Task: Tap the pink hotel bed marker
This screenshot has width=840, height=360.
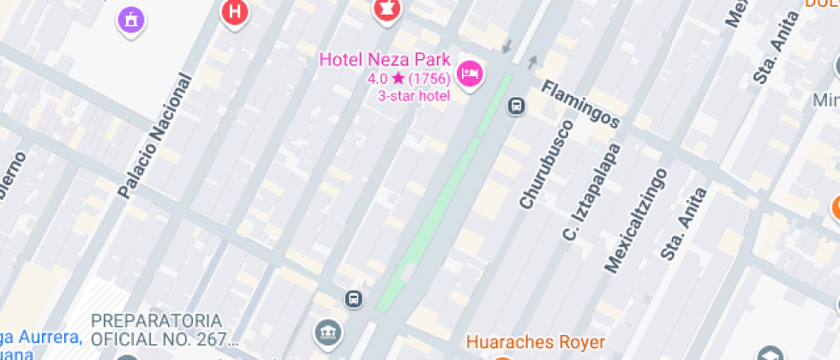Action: click(470, 74)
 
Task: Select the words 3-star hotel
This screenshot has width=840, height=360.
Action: click(414, 95)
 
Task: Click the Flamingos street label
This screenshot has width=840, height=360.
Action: click(581, 105)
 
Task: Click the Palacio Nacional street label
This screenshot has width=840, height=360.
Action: click(156, 135)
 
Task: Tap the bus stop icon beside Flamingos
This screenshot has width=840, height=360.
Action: click(516, 105)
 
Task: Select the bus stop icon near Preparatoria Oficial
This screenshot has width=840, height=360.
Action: click(352, 299)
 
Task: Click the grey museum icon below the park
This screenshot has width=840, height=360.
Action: click(326, 333)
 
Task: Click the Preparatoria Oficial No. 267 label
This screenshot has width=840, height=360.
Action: click(163, 328)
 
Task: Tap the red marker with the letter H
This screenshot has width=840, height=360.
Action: click(232, 12)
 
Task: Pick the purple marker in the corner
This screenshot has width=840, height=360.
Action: click(130, 18)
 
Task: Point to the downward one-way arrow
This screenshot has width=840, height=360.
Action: click(507, 45)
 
